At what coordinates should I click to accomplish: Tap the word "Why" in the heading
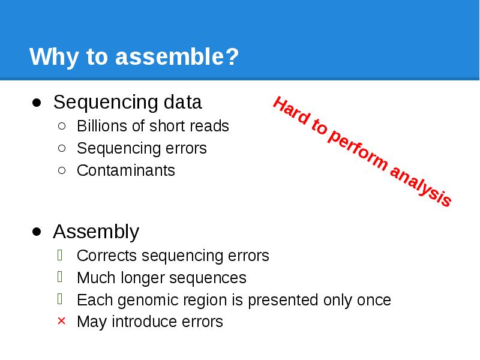(49, 58)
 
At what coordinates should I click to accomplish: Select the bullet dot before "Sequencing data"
(37, 103)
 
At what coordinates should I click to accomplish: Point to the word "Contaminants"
(126, 170)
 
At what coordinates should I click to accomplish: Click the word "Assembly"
(96, 231)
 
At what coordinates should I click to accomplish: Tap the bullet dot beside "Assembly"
(37, 232)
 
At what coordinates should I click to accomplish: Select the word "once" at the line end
(373, 300)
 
